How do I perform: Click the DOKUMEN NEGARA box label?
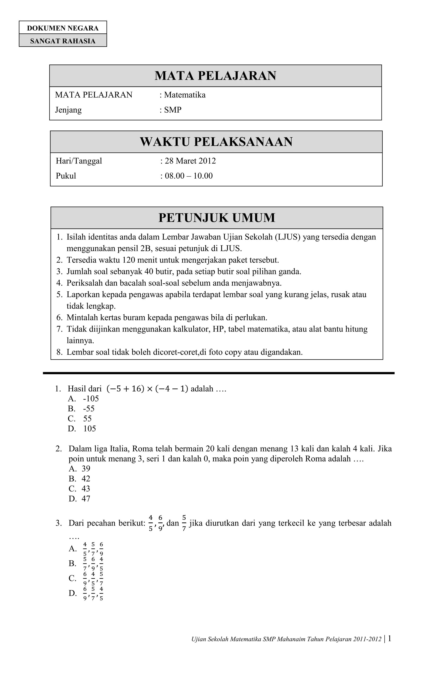(63, 28)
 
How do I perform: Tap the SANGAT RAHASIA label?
(63, 41)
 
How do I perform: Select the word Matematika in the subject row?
(185, 95)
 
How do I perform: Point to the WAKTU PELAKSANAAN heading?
(216, 142)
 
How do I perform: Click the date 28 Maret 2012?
(190, 161)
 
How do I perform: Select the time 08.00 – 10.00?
(189, 176)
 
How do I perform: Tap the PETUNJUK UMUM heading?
(217, 218)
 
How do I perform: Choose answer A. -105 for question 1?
(83, 398)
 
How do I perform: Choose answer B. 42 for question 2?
(80, 479)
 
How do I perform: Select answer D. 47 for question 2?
(80, 499)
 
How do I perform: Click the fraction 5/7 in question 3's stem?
(184, 523)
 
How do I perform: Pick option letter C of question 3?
(72, 578)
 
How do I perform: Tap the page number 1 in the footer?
(390, 639)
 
